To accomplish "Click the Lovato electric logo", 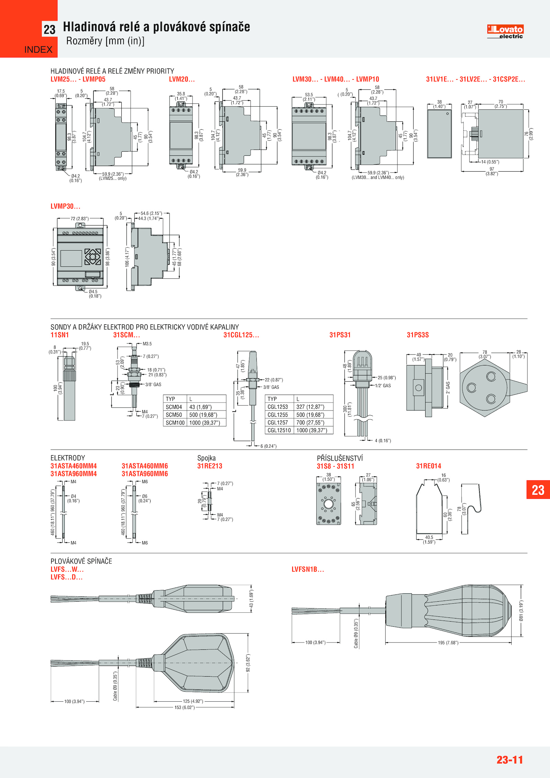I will pos(505,31).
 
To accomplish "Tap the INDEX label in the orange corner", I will pos(38,50).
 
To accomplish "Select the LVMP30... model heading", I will pos(65,206).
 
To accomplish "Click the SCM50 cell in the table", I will pos(174,415).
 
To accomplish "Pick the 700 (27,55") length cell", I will pos(310,423).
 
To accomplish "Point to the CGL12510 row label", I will pos(279,430).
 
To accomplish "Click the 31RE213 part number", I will pos(210,466).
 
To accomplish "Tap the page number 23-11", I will pos(509,759).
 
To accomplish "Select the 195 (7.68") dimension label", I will pos(448,643).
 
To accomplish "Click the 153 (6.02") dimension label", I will pos(185,708).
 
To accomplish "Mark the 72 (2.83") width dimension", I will pos(79,219).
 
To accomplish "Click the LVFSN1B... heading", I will pos(308,569).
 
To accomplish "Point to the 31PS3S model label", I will pos(418,335).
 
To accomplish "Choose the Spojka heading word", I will pos(207,458).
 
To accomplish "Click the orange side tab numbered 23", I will pos(538,490).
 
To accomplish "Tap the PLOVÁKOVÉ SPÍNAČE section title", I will pos(81,561).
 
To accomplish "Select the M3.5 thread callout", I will pos(147,344).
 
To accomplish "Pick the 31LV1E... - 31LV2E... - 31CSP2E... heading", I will pos(475,79).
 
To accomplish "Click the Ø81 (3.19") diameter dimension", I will pos(521,611).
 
